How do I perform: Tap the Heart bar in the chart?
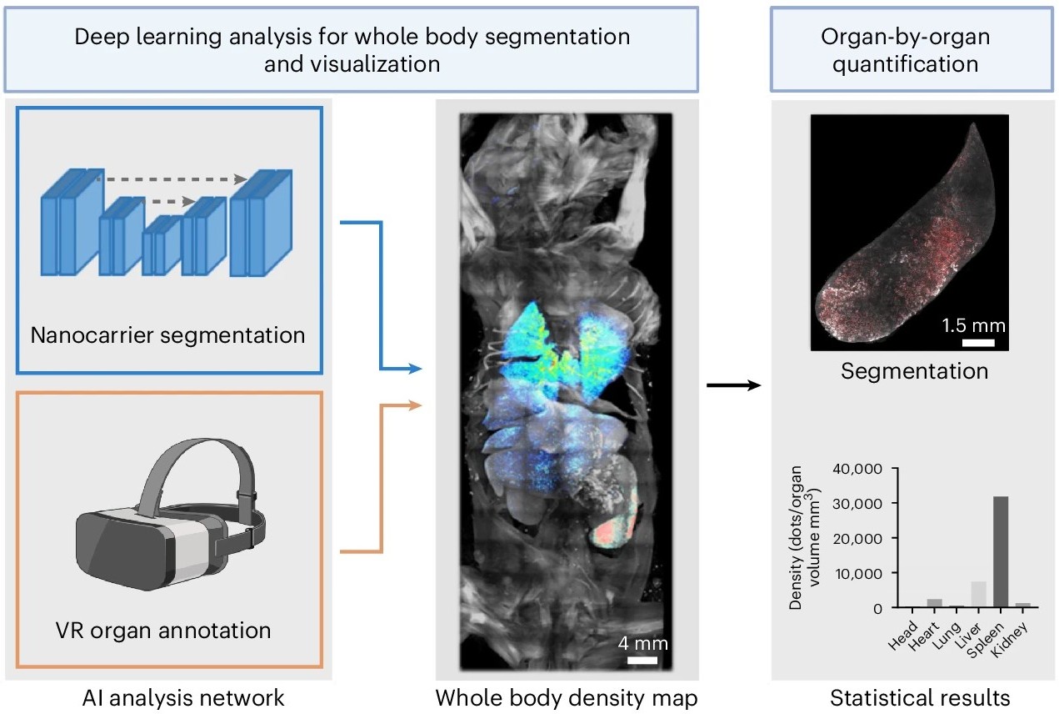click(x=935, y=603)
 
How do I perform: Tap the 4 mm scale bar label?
click(x=642, y=644)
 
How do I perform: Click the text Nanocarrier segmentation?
click(x=167, y=336)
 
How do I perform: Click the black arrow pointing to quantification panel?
click(x=733, y=385)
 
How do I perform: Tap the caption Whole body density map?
click(x=567, y=696)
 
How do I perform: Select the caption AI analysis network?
click(x=167, y=696)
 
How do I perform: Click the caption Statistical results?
click(x=915, y=696)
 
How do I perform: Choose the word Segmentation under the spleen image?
click(x=914, y=370)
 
